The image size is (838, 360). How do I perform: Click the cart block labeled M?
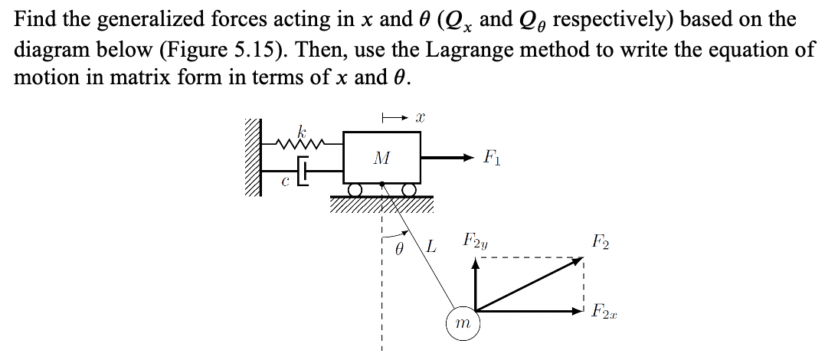[x=381, y=158]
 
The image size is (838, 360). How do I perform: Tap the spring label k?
[x=293, y=126]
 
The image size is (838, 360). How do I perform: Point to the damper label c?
[x=284, y=181]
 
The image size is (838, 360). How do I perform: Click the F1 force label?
[x=491, y=159]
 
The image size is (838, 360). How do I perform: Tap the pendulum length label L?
[x=431, y=247]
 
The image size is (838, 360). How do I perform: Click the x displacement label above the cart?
[x=420, y=116]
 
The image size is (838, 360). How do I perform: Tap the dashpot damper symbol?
[x=304, y=172]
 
